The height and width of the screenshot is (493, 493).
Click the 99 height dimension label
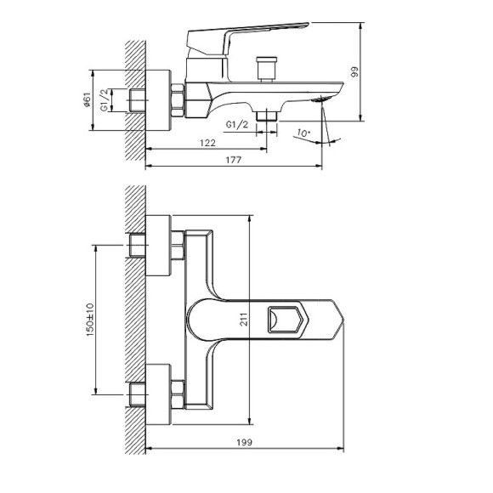(x=354, y=72)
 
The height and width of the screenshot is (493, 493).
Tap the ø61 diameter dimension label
(x=88, y=99)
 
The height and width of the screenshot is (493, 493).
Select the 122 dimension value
(x=208, y=143)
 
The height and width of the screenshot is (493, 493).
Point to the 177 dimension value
(x=234, y=160)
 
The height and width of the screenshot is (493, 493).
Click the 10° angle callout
(x=303, y=133)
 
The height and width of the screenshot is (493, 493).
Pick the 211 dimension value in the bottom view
(x=244, y=319)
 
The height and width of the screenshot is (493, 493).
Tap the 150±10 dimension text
(x=90, y=320)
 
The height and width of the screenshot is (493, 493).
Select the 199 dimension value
(x=244, y=442)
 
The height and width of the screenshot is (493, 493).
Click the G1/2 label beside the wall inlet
(x=105, y=99)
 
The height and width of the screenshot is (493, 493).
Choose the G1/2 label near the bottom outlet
(x=237, y=124)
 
